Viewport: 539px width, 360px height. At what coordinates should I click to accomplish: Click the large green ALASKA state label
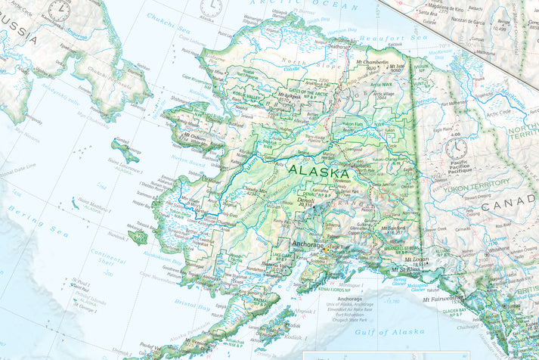tap(318, 172)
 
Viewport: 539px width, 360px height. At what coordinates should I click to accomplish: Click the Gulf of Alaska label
tap(390, 331)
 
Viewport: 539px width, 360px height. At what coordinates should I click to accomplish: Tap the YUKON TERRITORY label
tap(478, 183)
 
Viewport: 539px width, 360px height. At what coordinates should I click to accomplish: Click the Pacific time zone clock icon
tap(457, 147)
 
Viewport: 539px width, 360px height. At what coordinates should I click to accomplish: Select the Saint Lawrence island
tap(125, 151)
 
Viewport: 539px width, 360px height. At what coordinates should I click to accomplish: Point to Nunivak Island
tap(138, 237)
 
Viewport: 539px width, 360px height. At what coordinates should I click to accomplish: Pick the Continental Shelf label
tap(108, 256)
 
